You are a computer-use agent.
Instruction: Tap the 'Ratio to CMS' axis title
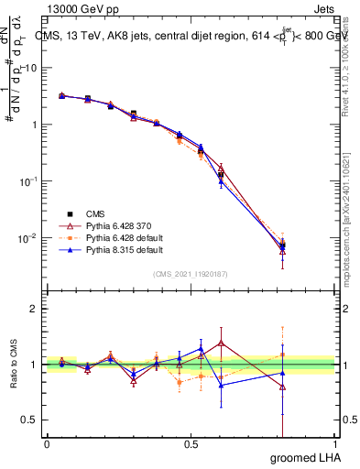coord(12,365)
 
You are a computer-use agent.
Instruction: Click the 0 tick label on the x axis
coord(47,444)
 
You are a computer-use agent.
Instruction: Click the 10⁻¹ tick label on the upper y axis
coord(27,181)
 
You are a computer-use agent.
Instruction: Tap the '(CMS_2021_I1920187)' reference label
coord(190,273)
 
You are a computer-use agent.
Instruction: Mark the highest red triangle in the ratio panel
coord(221,343)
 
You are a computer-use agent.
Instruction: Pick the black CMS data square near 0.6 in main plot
coord(221,174)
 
